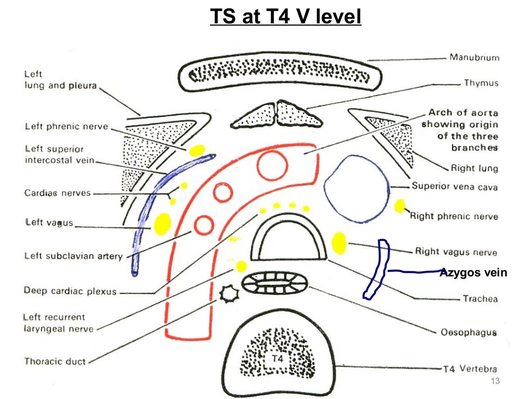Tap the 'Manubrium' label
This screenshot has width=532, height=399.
click(474, 58)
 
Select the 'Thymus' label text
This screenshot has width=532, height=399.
click(481, 83)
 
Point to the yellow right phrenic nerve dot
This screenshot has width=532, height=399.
click(400, 206)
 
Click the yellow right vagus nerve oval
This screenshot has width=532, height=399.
click(339, 243)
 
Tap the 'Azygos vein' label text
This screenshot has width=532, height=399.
click(473, 272)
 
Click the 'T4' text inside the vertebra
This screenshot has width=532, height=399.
click(274, 358)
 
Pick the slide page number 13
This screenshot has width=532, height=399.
click(495, 382)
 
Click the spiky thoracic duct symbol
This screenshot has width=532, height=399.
click(227, 295)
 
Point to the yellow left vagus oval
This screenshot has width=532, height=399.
click(162, 222)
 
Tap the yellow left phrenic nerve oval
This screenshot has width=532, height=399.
click(196, 151)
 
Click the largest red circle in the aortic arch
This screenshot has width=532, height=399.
click(272, 166)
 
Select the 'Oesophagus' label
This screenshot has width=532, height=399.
click(468, 332)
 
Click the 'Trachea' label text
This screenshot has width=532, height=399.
click(480, 299)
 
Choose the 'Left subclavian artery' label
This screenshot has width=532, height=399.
click(73, 256)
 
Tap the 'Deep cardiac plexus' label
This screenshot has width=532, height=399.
click(70, 291)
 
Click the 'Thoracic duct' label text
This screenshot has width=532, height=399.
click(55, 361)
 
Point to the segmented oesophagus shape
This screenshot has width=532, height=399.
click(275, 284)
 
